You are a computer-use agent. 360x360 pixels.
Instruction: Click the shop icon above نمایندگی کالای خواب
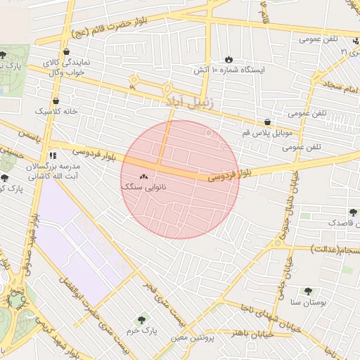pos(65,51)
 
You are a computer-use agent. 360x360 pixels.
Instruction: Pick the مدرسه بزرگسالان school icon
pos(52,155)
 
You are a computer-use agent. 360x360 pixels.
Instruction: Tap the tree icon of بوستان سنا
pos(308,290)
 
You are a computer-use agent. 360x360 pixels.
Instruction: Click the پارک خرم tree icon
pos(145,320)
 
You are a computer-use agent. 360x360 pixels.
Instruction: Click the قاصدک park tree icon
pos(352,212)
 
